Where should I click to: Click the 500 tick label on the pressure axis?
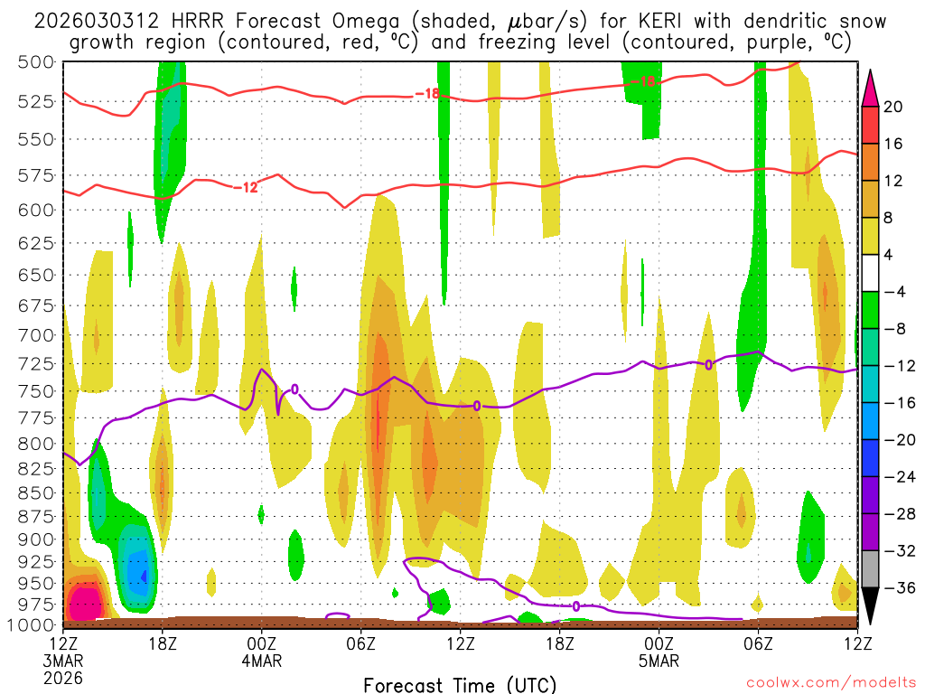point(35,61)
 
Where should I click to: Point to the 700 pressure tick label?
point(35,334)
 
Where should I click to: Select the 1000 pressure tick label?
point(31,624)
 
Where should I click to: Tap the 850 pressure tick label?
point(35,492)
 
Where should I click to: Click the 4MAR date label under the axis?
point(262,661)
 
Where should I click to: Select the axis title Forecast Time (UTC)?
point(460,684)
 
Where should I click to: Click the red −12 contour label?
point(245,187)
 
